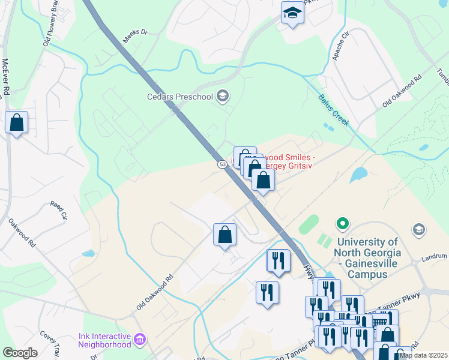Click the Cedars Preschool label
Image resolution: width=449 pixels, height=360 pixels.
point(181,97)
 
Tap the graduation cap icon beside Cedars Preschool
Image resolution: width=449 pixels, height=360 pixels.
point(223,96)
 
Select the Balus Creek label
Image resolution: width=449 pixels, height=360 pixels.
point(333,110)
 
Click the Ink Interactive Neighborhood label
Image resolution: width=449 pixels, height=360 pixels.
point(104,340)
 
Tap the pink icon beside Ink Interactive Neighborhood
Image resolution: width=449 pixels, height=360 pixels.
point(140,340)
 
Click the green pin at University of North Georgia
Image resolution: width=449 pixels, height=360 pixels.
point(343,224)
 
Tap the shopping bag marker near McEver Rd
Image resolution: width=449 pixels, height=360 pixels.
point(17,122)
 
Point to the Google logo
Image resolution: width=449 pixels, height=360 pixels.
point(20,353)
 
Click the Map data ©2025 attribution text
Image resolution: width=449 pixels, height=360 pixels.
point(423,355)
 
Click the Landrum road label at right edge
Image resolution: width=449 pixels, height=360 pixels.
point(435,258)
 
